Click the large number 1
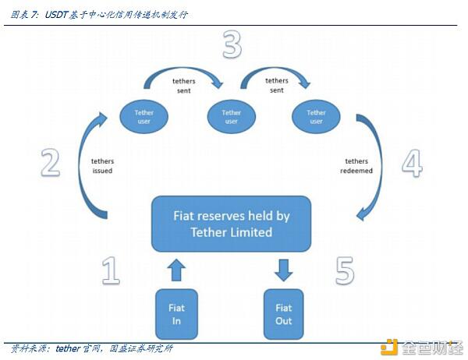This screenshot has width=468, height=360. pyautogui.click(x=111, y=270)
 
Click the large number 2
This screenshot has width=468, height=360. pyautogui.click(x=50, y=162)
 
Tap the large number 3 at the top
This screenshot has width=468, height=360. pyautogui.click(x=232, y=46)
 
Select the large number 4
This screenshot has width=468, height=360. pyautogui.click(x=412, y=164)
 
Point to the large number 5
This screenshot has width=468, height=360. pyautogui.click(x=346, y=270)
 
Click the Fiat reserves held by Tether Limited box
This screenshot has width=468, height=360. pyautogui.click(x=231, y=223)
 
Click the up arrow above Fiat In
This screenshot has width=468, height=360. pyautogui.click(x=177, y=270)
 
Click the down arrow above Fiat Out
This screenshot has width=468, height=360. pyautogui.click(x=284, y=270)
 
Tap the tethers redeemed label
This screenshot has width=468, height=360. pyautogui.click(x=358, y=165)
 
